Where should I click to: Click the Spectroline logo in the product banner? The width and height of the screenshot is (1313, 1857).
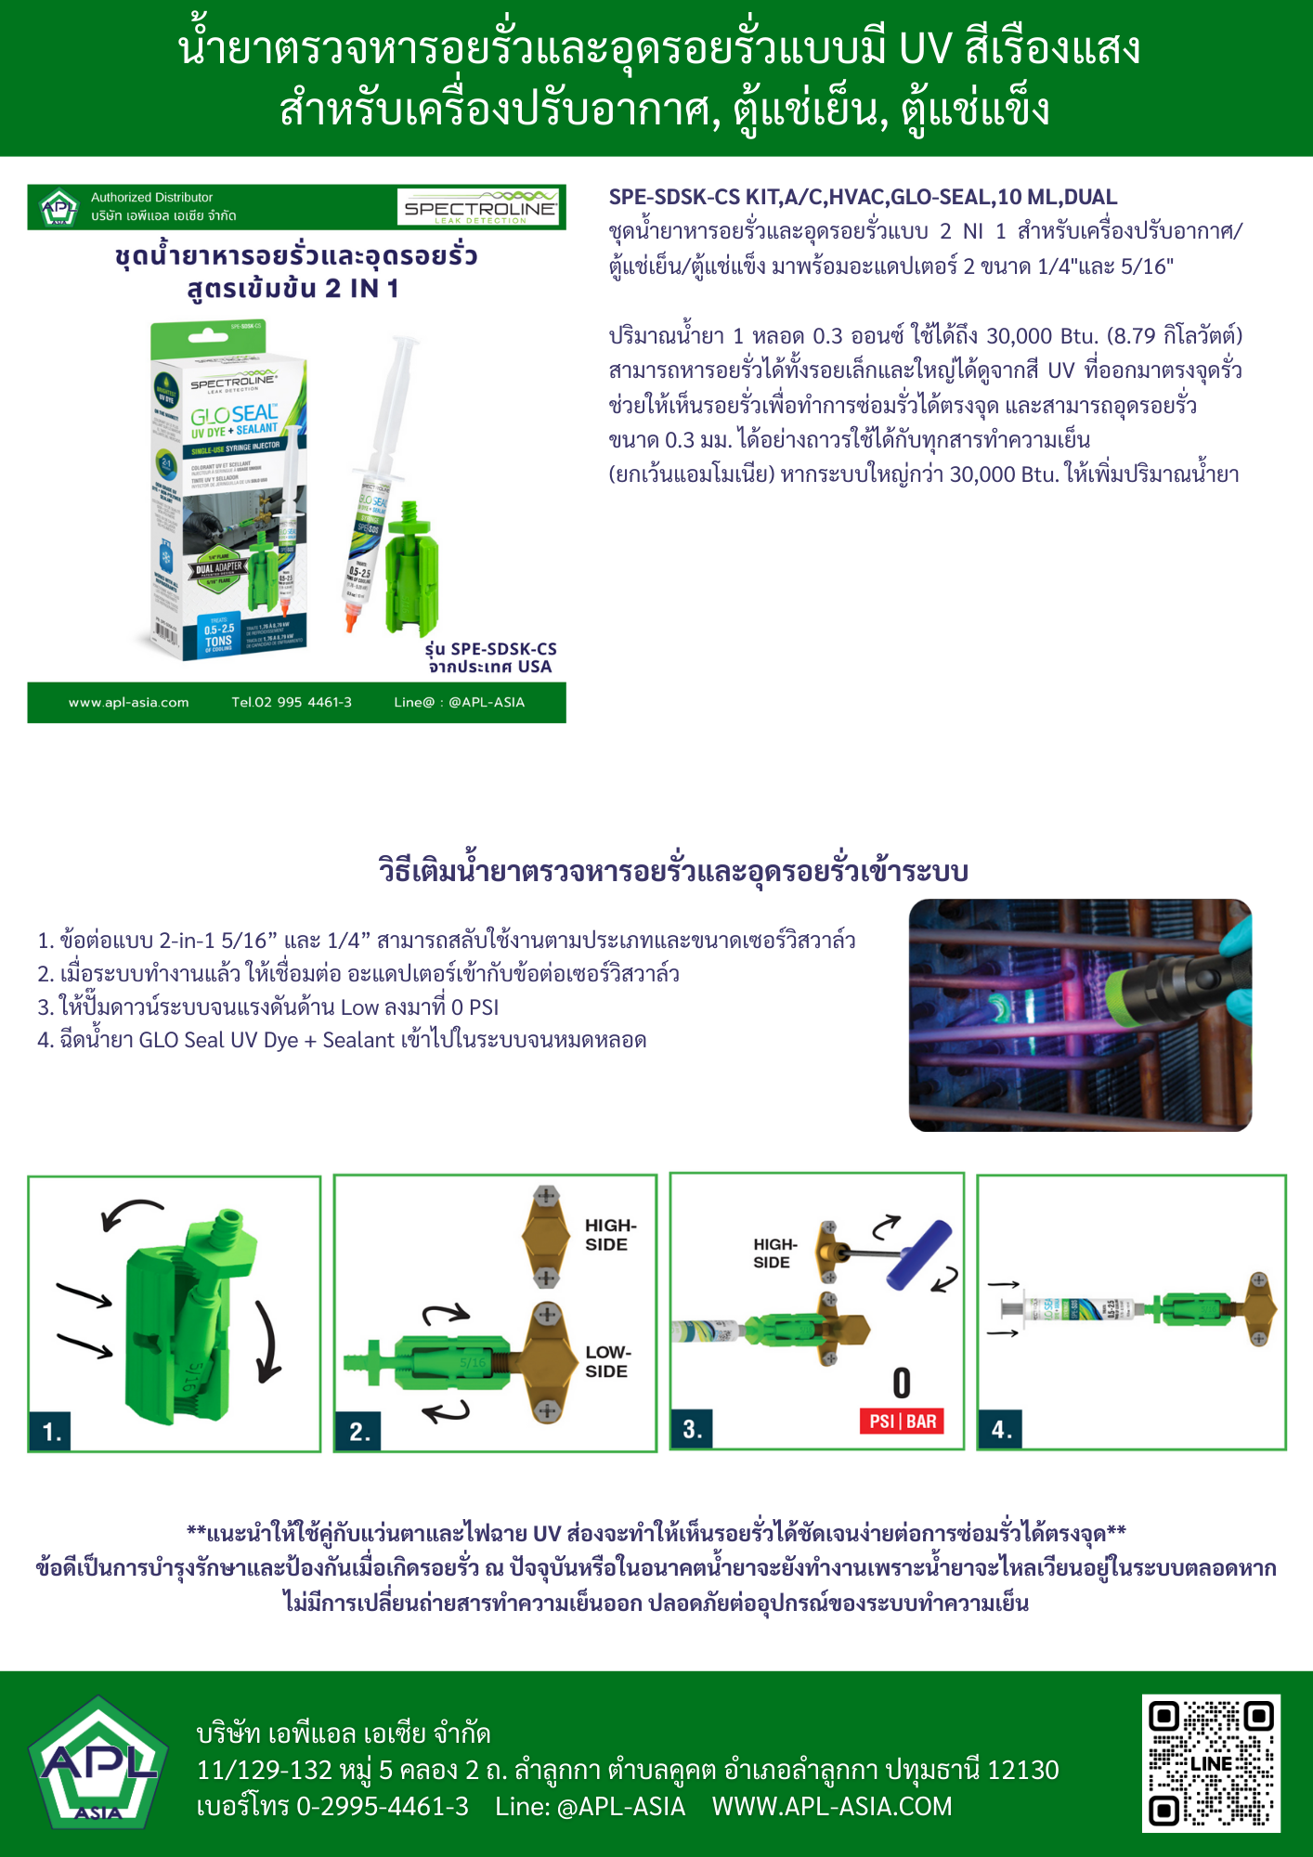tap(479, 207)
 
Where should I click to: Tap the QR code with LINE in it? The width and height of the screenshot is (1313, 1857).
tap(1211, 1763)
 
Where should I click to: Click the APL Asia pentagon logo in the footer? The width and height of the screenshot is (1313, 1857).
tap(98, 1763)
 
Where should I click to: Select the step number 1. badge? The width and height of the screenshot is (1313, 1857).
tap(52, 1431)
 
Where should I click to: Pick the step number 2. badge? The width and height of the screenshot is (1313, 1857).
tap(358, 1431)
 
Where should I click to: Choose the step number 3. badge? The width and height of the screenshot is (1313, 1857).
tap(693, 1429)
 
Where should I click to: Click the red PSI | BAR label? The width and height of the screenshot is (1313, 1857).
tap(902, 1422)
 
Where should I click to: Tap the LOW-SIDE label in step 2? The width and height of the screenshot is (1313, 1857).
tap(607, 1361)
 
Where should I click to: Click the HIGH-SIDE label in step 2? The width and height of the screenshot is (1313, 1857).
tap(610, 1235)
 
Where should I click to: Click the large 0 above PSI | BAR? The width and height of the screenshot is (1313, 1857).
tap(902, 1383)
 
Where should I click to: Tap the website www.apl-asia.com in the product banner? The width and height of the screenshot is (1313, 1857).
tap(128, 703)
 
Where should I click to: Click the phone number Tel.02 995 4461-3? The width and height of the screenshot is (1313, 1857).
tap(292, 703)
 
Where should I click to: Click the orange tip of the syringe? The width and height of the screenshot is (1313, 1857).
tap(352, 616)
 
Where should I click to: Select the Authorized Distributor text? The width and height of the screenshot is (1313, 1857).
tap(151, 197)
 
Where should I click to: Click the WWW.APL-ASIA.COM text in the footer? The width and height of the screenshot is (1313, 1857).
tap(832, 1806)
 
